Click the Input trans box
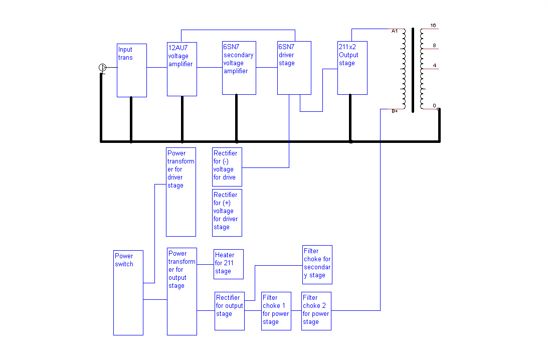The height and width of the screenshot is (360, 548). pos(132,70)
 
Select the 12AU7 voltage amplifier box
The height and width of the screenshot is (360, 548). pos(181,69)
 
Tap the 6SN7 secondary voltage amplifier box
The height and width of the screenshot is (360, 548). pos(239,68)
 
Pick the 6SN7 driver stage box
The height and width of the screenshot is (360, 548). pos(294,68)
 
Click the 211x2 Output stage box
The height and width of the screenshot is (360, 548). pos(352,68)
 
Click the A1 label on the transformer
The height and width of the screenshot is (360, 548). pos(394,31)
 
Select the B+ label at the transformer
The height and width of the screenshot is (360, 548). pos(395,111)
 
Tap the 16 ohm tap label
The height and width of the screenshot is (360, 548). pos(433,25)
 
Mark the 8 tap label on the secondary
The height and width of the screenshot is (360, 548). pos(434,46)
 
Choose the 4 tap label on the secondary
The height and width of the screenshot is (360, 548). pos(434,66)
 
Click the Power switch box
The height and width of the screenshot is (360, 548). pos(128,292)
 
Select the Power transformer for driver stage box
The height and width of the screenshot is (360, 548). pos(181,192)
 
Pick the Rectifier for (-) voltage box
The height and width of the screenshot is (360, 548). pos(227,166)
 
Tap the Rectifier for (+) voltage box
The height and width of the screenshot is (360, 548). pos(227,213)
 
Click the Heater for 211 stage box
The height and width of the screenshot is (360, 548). pos(229,264)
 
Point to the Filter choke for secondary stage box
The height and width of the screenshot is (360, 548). pos(317,264)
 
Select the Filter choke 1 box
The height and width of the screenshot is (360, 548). pos(276,311)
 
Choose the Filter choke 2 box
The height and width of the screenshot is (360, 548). pos(316,311)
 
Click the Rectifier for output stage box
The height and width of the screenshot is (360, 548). pos(230,311)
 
